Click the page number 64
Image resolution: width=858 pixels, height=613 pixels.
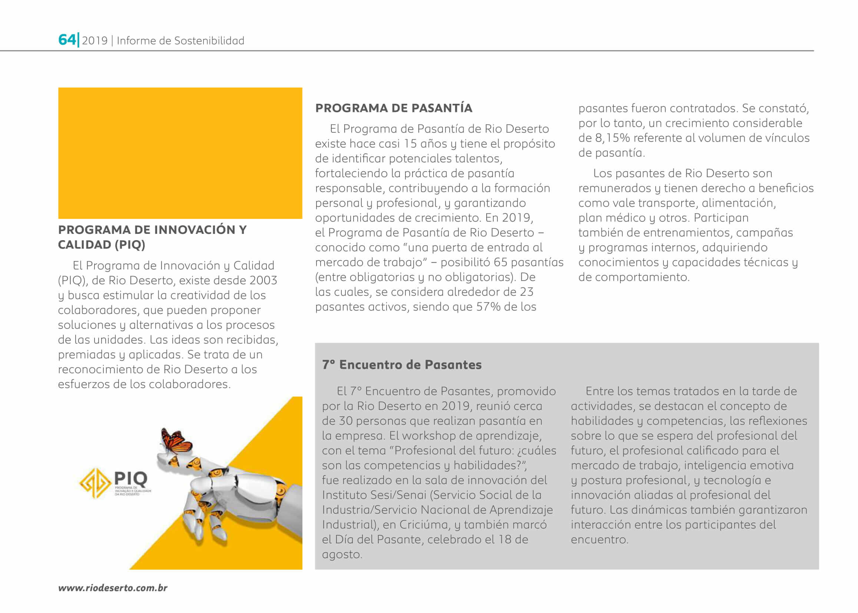pos(67,40)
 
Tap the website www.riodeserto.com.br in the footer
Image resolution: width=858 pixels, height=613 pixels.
pos(113,588)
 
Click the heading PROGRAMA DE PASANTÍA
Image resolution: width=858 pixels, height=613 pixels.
pos(394,108)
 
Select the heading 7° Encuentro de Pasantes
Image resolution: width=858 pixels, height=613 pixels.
pos(402,365)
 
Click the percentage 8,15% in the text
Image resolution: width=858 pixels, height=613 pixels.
pos(612,138)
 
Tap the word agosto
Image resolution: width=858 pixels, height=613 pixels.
pos(342,554)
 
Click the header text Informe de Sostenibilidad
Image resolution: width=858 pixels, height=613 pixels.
pos(180,41)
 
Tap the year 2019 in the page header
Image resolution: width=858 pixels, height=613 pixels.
pos(95,41)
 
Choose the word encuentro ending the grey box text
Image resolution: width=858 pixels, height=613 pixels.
pos(599,540)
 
